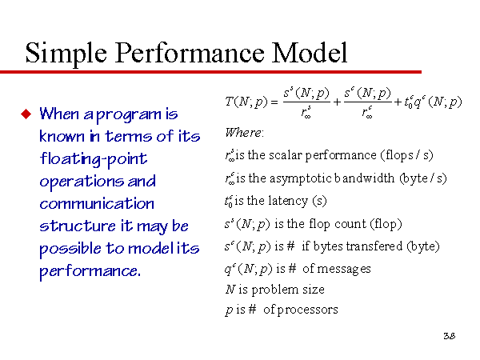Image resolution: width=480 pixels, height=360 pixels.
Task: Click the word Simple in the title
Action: click(x=66, y=54)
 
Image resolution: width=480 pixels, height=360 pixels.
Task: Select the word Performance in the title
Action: click(x=190, y=53)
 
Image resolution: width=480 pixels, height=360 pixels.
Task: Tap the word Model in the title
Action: click(x=310, y=53)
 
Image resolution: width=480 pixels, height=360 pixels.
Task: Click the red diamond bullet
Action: click(x=26, y=114)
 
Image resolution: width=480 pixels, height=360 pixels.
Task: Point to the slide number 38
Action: click(x=450, y=336)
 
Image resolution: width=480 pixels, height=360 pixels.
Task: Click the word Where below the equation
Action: click(x=244, y=133)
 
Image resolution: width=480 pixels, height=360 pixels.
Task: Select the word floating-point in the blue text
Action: click(x=94, y=159)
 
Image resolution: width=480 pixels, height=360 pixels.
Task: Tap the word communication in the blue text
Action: click(x=97, y=204)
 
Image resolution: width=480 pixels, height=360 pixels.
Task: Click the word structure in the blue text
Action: click(x=78, y=226)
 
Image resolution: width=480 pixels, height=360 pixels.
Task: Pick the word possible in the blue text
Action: click(x=70, y=249)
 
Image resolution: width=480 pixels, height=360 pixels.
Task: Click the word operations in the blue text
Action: click(x=82, y=182)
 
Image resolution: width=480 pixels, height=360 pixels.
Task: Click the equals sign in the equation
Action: click(x=274, y=102)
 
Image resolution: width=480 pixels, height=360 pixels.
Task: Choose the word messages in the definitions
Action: click(x=344, y=269)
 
